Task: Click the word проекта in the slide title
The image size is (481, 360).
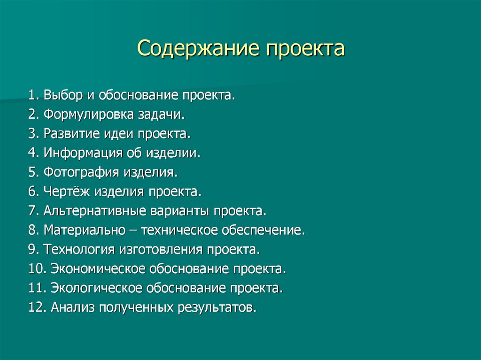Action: click(x=305, y=49)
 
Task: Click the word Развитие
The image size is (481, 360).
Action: click(x=69, y=134)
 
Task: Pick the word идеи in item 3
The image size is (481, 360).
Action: click(x=121, y=134)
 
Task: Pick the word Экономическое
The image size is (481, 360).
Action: click(x=97, y=269)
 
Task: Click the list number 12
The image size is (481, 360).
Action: click(x=36, y=307)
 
